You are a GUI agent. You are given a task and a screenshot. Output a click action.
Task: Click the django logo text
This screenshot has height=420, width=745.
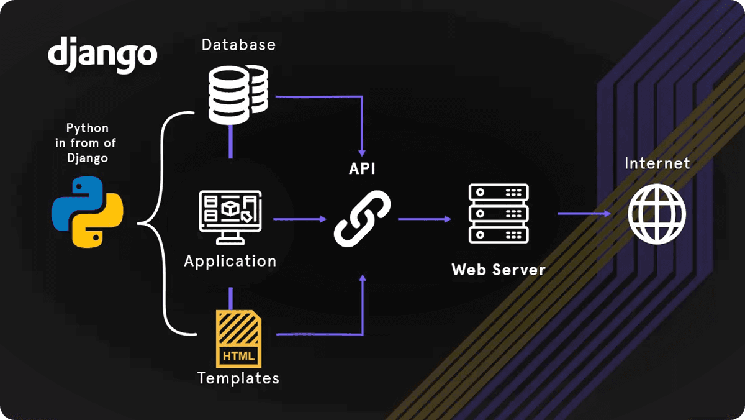click(x=102, y=54)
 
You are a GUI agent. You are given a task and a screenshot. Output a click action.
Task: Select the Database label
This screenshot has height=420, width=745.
click(x=238, y=45)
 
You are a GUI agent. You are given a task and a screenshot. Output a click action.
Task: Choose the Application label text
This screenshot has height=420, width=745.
click(x=230, y=261)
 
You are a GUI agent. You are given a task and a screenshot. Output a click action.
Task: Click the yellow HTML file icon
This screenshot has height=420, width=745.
click(x=238, y=339)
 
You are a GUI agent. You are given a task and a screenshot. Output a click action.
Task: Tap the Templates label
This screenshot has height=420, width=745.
click(x=238, y=378)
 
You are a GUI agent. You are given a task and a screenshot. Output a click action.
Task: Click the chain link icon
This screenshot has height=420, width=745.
click(x=362, y=219)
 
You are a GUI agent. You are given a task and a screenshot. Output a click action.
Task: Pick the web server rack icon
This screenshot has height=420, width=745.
click(x=499, y=214)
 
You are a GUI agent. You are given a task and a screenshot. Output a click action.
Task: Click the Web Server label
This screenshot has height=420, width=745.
click(x=499, y=270)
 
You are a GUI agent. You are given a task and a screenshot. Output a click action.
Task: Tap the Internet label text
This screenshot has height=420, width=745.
click(x=657, y=163)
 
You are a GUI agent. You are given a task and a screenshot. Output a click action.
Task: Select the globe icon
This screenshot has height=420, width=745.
click(x=657, y=213)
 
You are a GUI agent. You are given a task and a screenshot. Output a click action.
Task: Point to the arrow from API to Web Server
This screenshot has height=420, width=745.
click(x=424, y=219)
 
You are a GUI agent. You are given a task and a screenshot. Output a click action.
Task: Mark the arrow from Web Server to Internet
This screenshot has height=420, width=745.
click(x=584, y=214)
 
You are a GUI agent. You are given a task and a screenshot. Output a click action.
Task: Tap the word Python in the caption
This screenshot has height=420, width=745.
click(x=88, y=129)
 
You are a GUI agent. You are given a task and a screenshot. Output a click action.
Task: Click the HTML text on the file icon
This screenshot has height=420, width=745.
click(x=238, y=356)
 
